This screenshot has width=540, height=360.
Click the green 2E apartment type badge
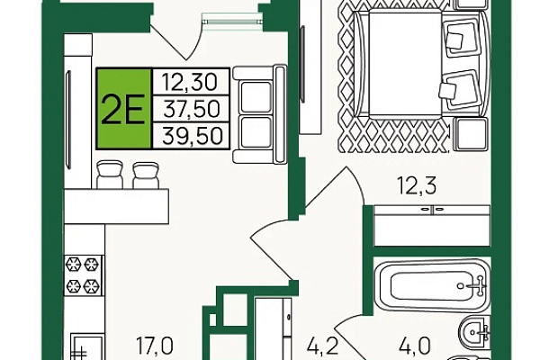[x=123, y=109]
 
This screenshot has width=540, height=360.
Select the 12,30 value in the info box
[x=190, y=82]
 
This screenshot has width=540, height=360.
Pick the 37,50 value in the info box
[x=192, y=109]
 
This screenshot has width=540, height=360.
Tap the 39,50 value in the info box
[x=193, y=135]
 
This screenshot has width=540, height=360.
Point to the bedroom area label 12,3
[x=417, y=185]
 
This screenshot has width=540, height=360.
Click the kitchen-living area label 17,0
[x=155, y=346]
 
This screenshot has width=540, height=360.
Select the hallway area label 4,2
[x=323, y=346]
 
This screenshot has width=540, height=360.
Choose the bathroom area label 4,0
[x=415, y=346]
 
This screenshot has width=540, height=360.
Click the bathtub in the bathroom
[x=432, y=286]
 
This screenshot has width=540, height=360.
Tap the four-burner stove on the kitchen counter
[x=84, y=274]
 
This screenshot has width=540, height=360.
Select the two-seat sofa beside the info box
[x=260, y=114]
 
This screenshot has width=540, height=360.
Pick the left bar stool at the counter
[x=110, y=175]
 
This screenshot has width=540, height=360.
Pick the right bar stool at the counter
[x=146, y=175]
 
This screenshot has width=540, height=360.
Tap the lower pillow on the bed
[x=458, y=89]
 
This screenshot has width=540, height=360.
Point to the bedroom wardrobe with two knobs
[x=432, y=226]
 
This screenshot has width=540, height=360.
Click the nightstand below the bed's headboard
[x=472, y=134]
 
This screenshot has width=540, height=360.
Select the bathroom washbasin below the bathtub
[x=475, y=332]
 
